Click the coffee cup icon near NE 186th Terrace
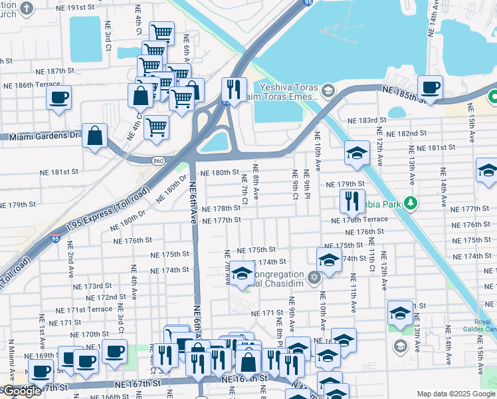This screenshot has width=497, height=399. coord(58,98)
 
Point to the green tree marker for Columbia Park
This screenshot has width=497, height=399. coord(411,202)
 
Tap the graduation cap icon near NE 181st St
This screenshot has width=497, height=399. coord(357,154)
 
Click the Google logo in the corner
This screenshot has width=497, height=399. coord(21,391)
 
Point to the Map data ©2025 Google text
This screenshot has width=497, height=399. coord(455,394)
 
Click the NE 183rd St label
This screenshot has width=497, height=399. coord(367,120)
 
